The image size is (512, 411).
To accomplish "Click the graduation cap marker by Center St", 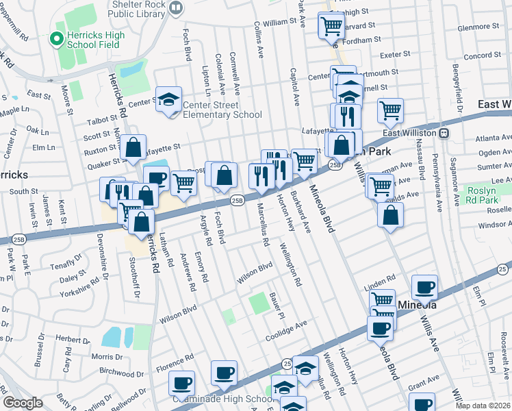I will pos(168,100).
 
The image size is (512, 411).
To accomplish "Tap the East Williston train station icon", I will pos(444,132).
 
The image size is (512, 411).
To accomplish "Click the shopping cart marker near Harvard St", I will pos(331,26).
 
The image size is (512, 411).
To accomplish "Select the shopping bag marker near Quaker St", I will pos(134,146).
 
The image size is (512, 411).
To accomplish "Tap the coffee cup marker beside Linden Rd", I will pos(424,287).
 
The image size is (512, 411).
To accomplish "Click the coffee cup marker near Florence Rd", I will pos(181,382).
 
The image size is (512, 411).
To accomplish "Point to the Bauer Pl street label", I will pos(277,306).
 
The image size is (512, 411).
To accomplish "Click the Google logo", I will pos(23,403).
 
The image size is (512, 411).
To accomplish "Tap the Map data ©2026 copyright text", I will pos(483,406).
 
